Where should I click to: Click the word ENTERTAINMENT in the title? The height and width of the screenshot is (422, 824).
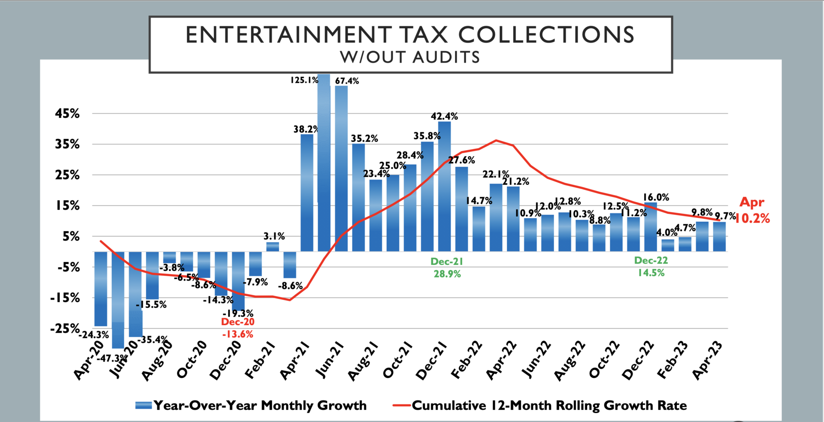pos(288,35)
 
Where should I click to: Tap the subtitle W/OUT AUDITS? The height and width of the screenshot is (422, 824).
pos(410,57)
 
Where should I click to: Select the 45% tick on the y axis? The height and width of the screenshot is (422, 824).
pos(67,114)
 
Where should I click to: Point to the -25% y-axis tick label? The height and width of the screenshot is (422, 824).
pos(65,329)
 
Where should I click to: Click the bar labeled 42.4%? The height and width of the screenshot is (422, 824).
pos(444,187)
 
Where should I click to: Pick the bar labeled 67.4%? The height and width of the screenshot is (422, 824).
pos(341,168)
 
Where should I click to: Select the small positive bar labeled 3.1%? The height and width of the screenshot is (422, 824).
pos(273,247)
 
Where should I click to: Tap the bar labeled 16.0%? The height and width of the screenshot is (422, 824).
pos(650,227)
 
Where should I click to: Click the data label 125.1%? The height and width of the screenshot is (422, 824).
pos(304,80)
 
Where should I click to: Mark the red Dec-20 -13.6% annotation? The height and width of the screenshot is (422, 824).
pos(238,328)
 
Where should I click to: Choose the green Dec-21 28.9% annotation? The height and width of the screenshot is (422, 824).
pos(447,268)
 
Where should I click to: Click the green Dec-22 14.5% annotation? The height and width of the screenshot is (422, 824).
pos(651,266)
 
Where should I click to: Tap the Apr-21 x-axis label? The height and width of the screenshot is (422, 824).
pos(294,361)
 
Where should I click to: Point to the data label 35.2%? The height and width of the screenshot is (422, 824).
pos(364,139)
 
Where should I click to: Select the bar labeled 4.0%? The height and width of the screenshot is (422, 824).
pos(667,245)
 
